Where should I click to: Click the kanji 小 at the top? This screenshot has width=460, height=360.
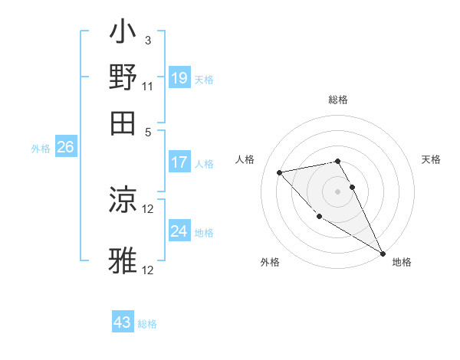(123, 34)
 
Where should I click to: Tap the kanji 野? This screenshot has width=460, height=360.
(123, 77)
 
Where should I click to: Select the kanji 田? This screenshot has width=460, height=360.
(123, 121)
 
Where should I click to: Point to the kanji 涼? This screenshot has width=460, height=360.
(123, 201)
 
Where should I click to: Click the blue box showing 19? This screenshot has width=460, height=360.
(179, 78)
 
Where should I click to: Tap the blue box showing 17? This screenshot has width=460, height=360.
(179, 162)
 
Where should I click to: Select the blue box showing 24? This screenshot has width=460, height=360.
(179, 231)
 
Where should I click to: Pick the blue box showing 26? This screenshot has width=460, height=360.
(65, 148)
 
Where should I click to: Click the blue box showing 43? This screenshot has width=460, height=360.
(123, 322)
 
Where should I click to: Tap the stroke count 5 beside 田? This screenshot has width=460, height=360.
(148, 131)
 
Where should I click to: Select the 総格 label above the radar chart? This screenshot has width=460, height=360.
(338, 100)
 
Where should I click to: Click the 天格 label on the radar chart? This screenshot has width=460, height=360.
(431, 159)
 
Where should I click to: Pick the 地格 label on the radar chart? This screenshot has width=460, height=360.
(402, 262)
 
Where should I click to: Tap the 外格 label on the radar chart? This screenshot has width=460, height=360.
(270, 262)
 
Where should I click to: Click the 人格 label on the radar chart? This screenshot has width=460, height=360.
(245, 159)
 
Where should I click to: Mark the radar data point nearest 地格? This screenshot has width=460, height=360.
(383, 254)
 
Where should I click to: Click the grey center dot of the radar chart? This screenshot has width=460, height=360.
(338, 191)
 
